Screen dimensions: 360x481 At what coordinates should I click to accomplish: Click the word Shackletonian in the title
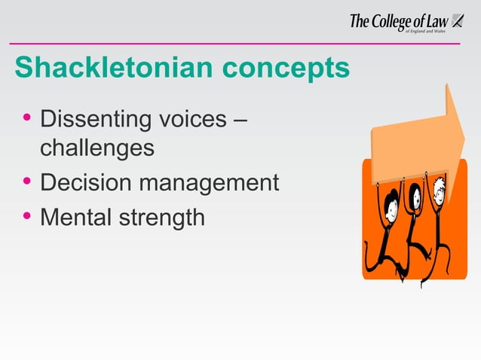106,68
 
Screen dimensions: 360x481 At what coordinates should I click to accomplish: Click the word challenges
97,148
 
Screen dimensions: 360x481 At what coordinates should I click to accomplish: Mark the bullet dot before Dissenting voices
27,119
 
